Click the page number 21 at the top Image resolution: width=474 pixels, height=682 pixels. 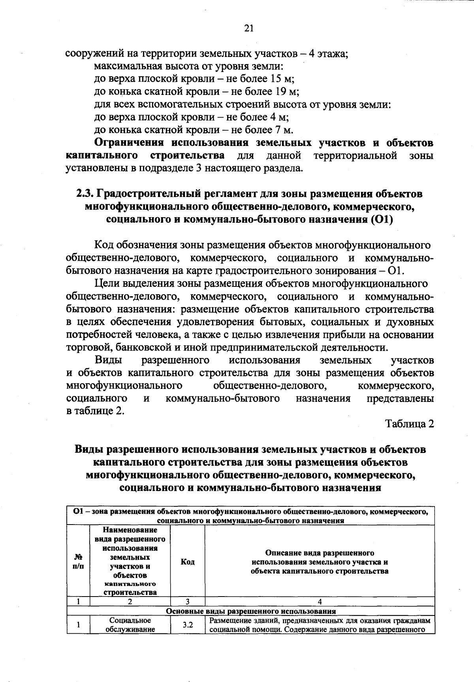click(x=248, y=28)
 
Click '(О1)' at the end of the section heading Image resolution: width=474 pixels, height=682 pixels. click(x=380, y=220)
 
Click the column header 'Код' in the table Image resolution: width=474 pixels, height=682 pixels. click(x=187, y=562)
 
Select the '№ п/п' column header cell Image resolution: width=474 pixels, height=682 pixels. click(x=79, y=561)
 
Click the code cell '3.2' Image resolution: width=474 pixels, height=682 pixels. click(x=187, y=625)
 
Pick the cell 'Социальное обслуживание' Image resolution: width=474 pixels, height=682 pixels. click(x=130, y=625)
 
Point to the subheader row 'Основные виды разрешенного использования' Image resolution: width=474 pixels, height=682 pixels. click(x=250, y=611)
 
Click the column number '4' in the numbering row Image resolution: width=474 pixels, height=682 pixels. click(x=320, y=602)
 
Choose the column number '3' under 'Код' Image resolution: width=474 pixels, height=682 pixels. click(x=187, y=602)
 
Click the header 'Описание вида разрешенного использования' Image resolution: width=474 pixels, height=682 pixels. click(x=320, y=562)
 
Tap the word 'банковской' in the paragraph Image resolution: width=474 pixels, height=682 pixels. click(x=141, y=347)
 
